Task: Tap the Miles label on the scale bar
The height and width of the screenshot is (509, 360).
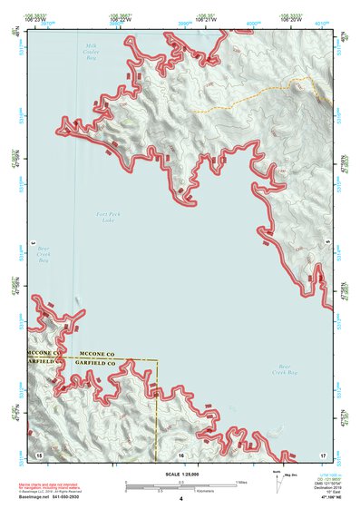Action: (242, 481)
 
